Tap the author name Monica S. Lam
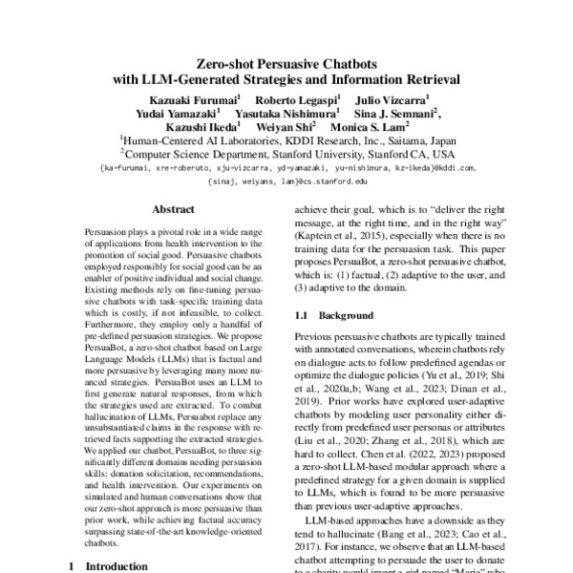[370, 126]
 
